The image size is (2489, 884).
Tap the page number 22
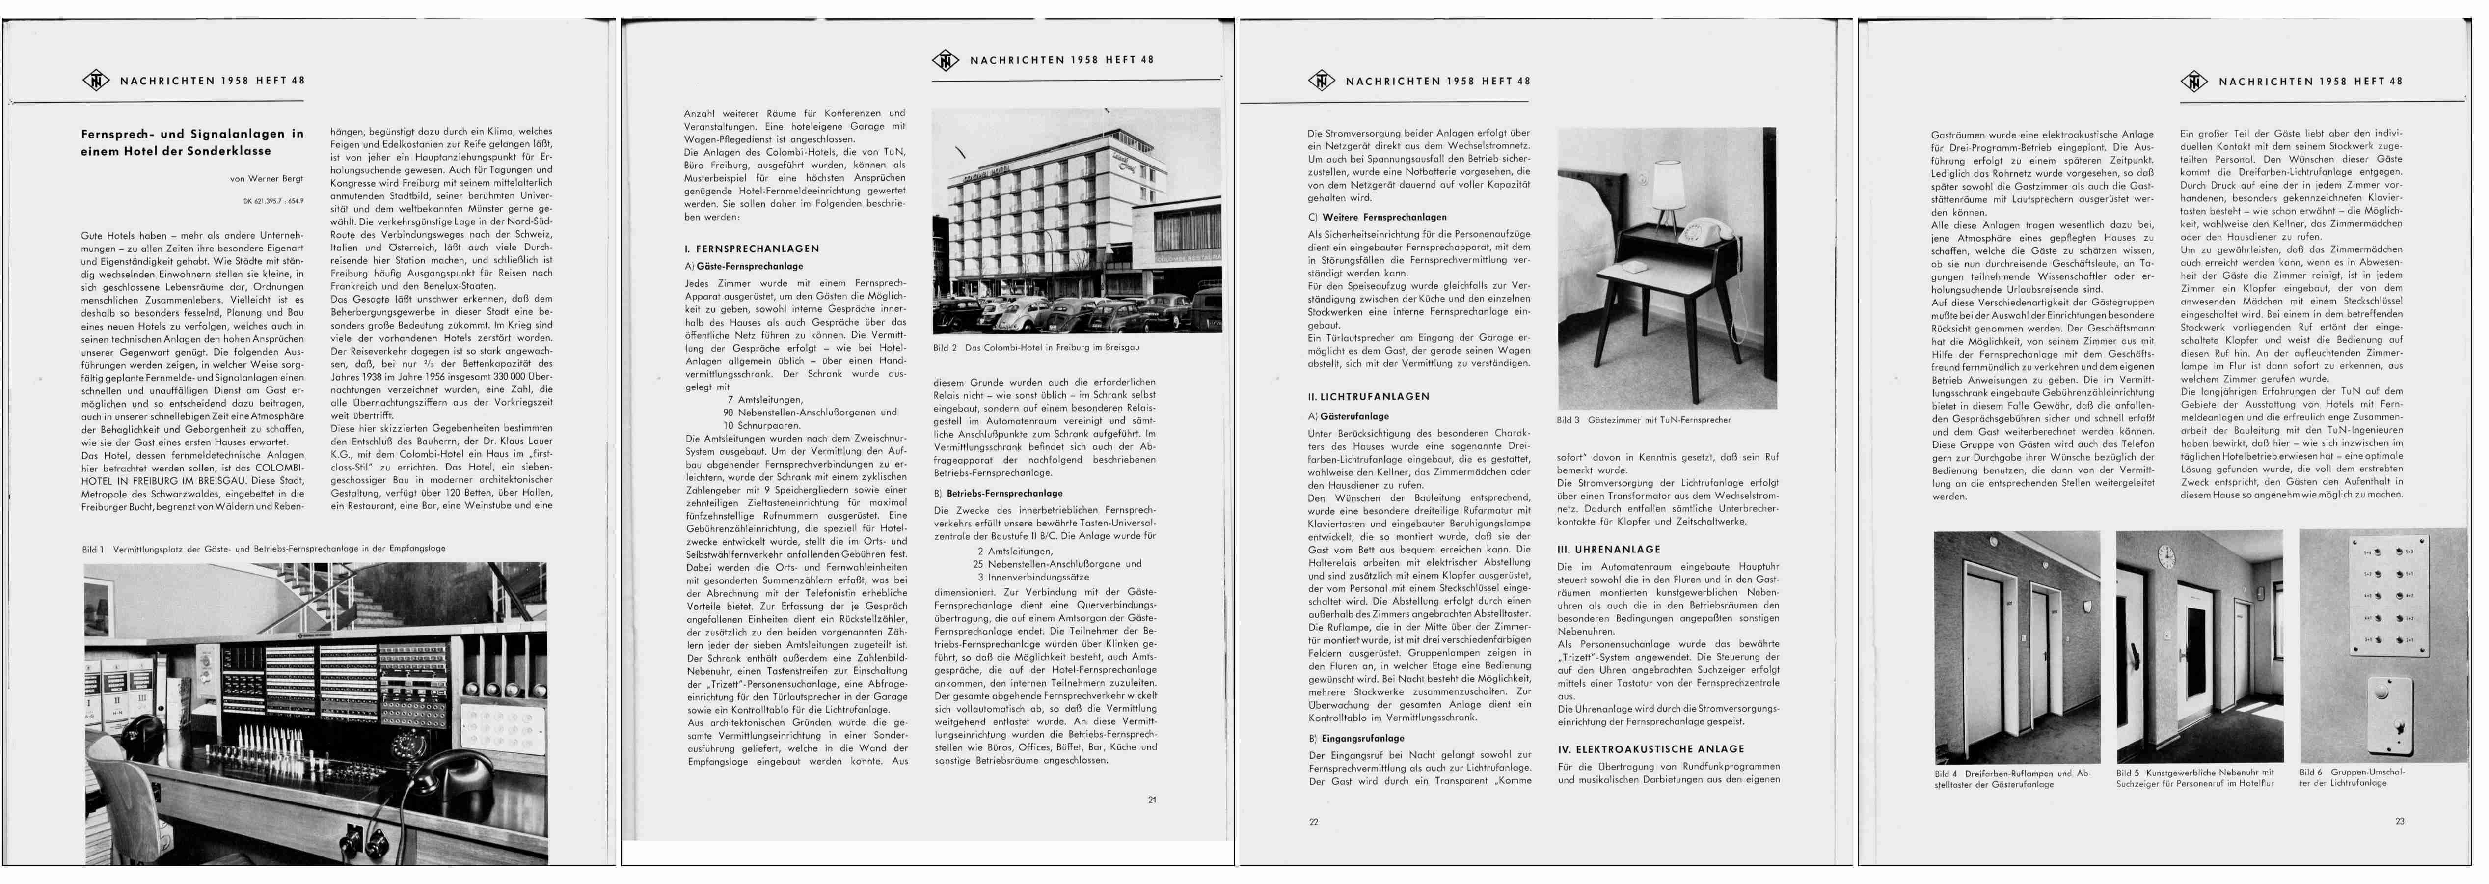1313,822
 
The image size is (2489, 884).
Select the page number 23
2400,821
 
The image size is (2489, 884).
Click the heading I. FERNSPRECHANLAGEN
752,249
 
